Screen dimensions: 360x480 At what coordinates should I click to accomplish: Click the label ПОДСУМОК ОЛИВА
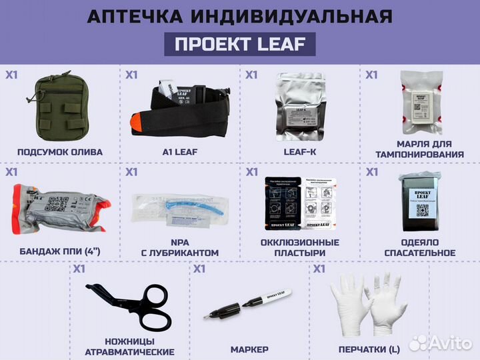coord(60,152)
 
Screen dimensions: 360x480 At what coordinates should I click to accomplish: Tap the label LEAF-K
coord(299,152)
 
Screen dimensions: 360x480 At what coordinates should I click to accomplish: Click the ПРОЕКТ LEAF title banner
coord(240,45)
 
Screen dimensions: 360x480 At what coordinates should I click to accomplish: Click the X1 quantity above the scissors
coord(79,270)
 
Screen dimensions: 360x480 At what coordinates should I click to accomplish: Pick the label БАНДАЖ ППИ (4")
coord(60,253)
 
